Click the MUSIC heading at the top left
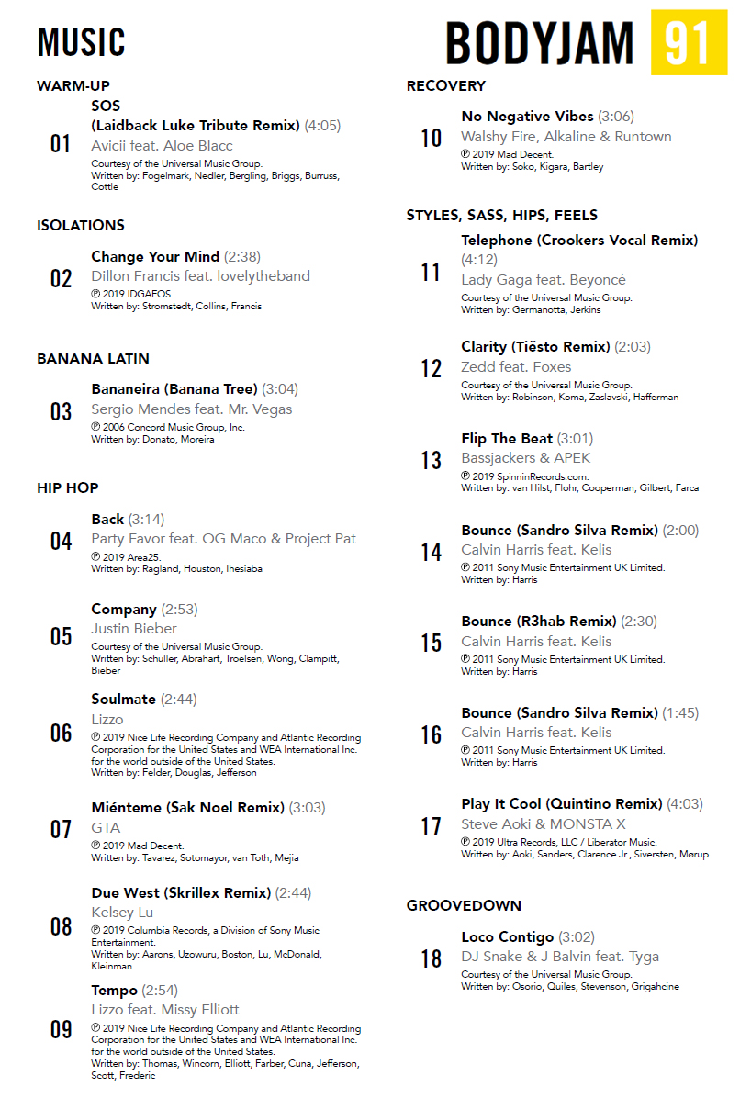point(81,43)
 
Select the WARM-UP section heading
point(73,86)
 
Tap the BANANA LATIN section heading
point(93,358)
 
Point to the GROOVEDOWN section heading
point(464,905)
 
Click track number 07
point(61,830)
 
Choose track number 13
point(431,460)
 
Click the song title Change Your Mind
point(155,256)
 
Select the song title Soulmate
point(124,699)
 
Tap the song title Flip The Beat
point(507,438)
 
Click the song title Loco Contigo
point(507,936)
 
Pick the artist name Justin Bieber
point(134,629)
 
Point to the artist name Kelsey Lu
point(122,913)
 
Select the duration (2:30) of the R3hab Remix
point(639,621)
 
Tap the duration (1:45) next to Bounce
point(680,712)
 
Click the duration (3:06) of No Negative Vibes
point(616,117)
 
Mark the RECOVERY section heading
point(446,86)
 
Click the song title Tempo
point(114,990)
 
